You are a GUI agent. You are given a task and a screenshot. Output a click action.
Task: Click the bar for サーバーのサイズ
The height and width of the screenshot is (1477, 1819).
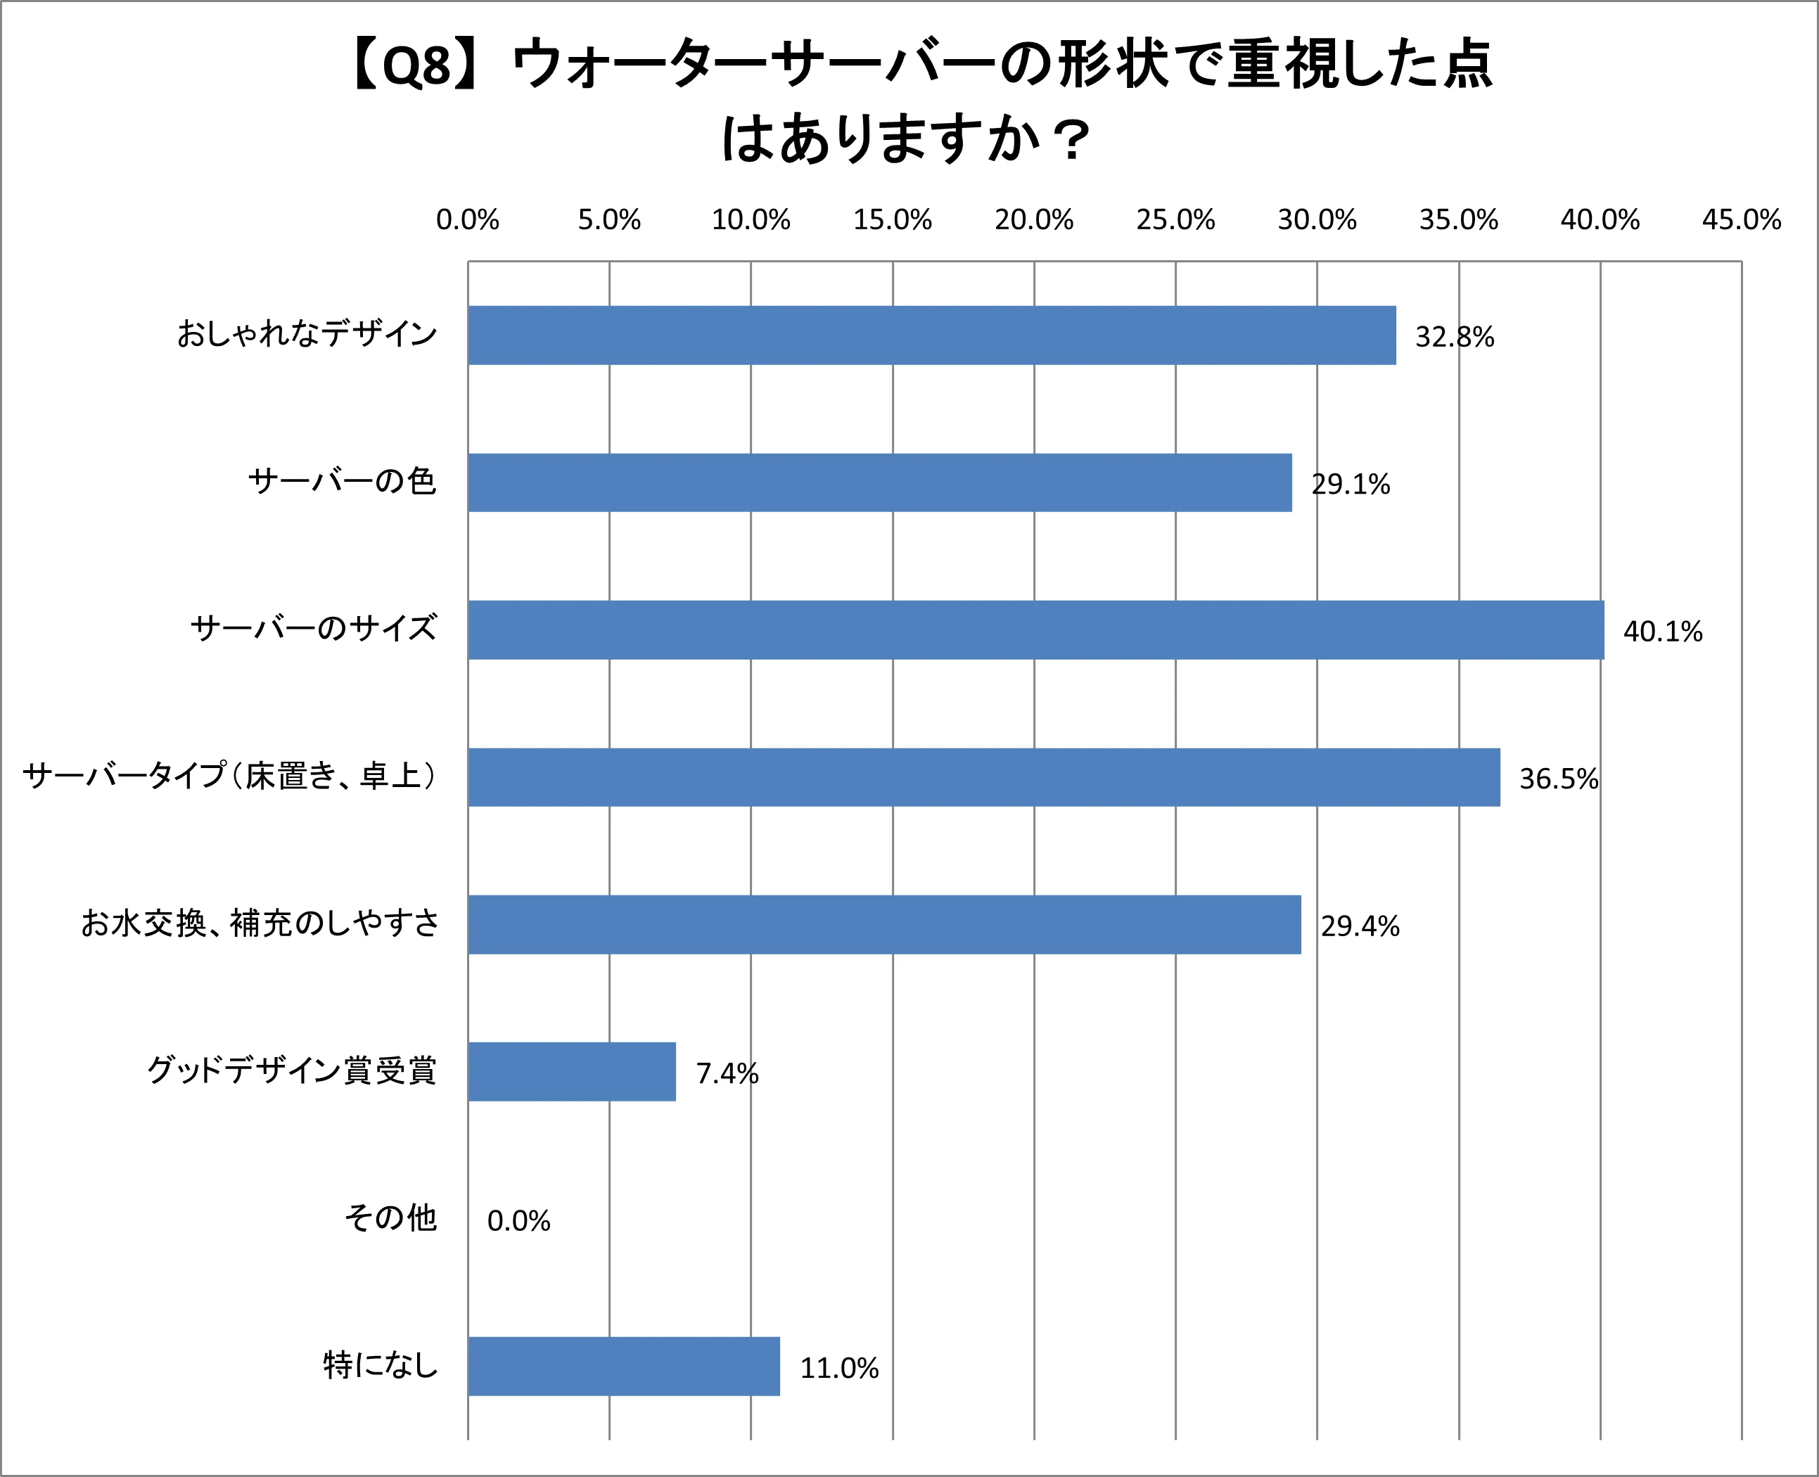(x=1035, y=629)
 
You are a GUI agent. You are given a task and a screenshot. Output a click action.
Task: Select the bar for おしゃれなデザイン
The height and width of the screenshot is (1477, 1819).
(x=931, y=335)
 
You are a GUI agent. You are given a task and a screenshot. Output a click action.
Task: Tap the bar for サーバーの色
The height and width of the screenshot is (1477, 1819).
(x=880, y=482)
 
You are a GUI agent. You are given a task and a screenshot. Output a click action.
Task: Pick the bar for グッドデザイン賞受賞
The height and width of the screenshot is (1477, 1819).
(x=572, y=1071)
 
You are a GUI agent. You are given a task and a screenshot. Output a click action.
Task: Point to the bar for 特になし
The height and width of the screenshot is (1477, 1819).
(x=624, y=1366)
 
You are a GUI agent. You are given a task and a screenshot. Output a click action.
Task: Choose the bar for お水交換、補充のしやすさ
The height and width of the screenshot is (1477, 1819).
(x=884, y=924)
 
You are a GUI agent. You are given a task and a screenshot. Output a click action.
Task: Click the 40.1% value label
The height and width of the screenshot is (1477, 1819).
(x=1662, y=632)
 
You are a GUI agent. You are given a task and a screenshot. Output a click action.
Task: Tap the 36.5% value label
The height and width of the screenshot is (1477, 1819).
(x=1559, y=779)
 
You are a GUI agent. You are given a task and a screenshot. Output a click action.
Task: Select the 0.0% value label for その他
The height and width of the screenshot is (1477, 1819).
(x=518, y=1221)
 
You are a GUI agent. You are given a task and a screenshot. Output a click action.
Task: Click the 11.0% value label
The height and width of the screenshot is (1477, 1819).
(x=839, y=1368)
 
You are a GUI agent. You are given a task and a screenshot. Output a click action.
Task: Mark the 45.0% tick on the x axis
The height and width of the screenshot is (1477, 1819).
(x=1741, y=220)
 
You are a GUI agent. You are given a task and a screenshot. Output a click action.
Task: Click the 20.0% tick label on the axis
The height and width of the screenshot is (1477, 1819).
(x=1034, y=220)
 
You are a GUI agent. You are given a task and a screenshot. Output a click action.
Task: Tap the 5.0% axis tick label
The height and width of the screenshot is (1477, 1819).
(x=609, y=220)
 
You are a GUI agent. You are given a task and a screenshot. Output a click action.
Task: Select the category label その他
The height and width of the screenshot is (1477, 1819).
(x=390, y=1218)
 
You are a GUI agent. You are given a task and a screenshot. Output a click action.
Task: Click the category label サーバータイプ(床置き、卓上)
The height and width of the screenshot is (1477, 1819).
(x=230, y=776)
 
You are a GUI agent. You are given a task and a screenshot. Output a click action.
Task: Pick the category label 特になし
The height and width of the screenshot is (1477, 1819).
(x=381, y=1364)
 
